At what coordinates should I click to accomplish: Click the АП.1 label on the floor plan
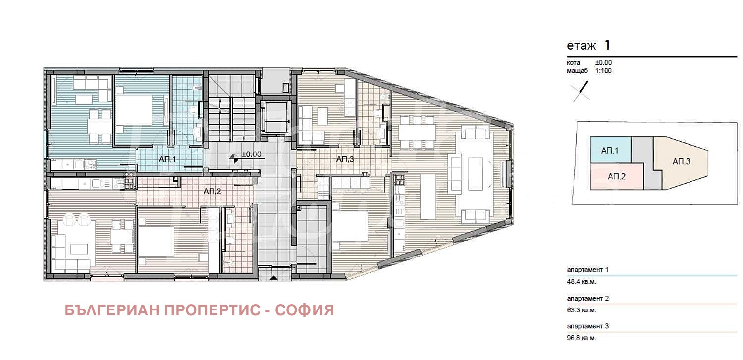167,159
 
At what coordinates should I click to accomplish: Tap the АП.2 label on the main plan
212,191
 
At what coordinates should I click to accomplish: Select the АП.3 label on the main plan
345,159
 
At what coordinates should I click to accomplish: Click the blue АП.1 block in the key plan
611,150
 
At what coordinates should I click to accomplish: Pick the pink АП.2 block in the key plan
617,176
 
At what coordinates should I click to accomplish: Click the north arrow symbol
581,91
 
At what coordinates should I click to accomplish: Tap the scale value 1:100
603,71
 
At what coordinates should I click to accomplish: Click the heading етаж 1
588,45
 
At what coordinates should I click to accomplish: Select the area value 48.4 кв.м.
582,282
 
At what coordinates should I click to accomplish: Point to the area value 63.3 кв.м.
582,310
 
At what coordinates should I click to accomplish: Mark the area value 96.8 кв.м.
582,338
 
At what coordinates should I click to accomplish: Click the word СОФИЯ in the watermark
305,310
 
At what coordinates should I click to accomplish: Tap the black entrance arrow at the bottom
273,278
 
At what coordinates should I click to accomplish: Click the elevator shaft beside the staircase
276,117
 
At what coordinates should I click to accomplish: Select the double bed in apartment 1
134,110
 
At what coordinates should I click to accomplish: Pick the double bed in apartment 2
156,242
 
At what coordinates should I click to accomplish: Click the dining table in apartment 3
417,132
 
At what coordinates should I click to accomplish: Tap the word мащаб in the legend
577,71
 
